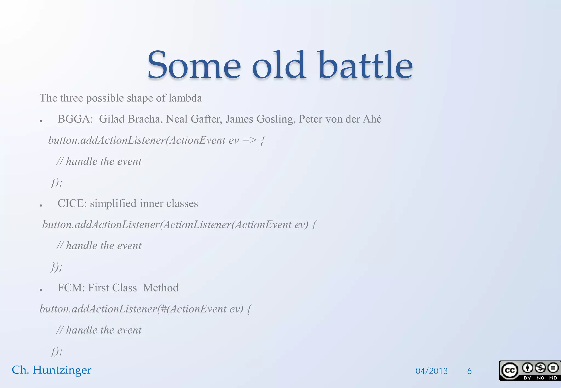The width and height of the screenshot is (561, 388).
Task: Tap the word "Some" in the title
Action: pyautogui.click(x=194, y=66)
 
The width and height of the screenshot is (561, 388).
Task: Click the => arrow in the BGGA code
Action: pyautogui.click(x=250, y=140)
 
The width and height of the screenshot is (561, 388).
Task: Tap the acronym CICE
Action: pyautogui.click(x=72, y=203)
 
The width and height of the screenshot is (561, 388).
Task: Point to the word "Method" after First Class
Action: pyautogui.click(x=161, y=288)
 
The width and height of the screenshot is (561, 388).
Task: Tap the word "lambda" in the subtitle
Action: pyautogui.click(x=185, y=98)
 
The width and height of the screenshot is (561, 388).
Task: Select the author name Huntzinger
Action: pyautogui.click(x=62, y=370)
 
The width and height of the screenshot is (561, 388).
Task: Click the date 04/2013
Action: pyautogui.click(x=431, y=371)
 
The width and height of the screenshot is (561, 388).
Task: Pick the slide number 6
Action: pyautogui.click(x=469, y=371)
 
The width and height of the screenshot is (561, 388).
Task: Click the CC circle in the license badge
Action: pyautogui.click(x=510, y=370)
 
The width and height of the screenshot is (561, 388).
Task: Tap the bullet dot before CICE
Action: pyautogui.click(x=41, y=205)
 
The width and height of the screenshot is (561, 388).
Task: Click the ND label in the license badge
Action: pyautogui.click(x=553, y=378)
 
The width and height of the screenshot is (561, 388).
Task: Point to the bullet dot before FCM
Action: pyautogui.click(x=41, y=289)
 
